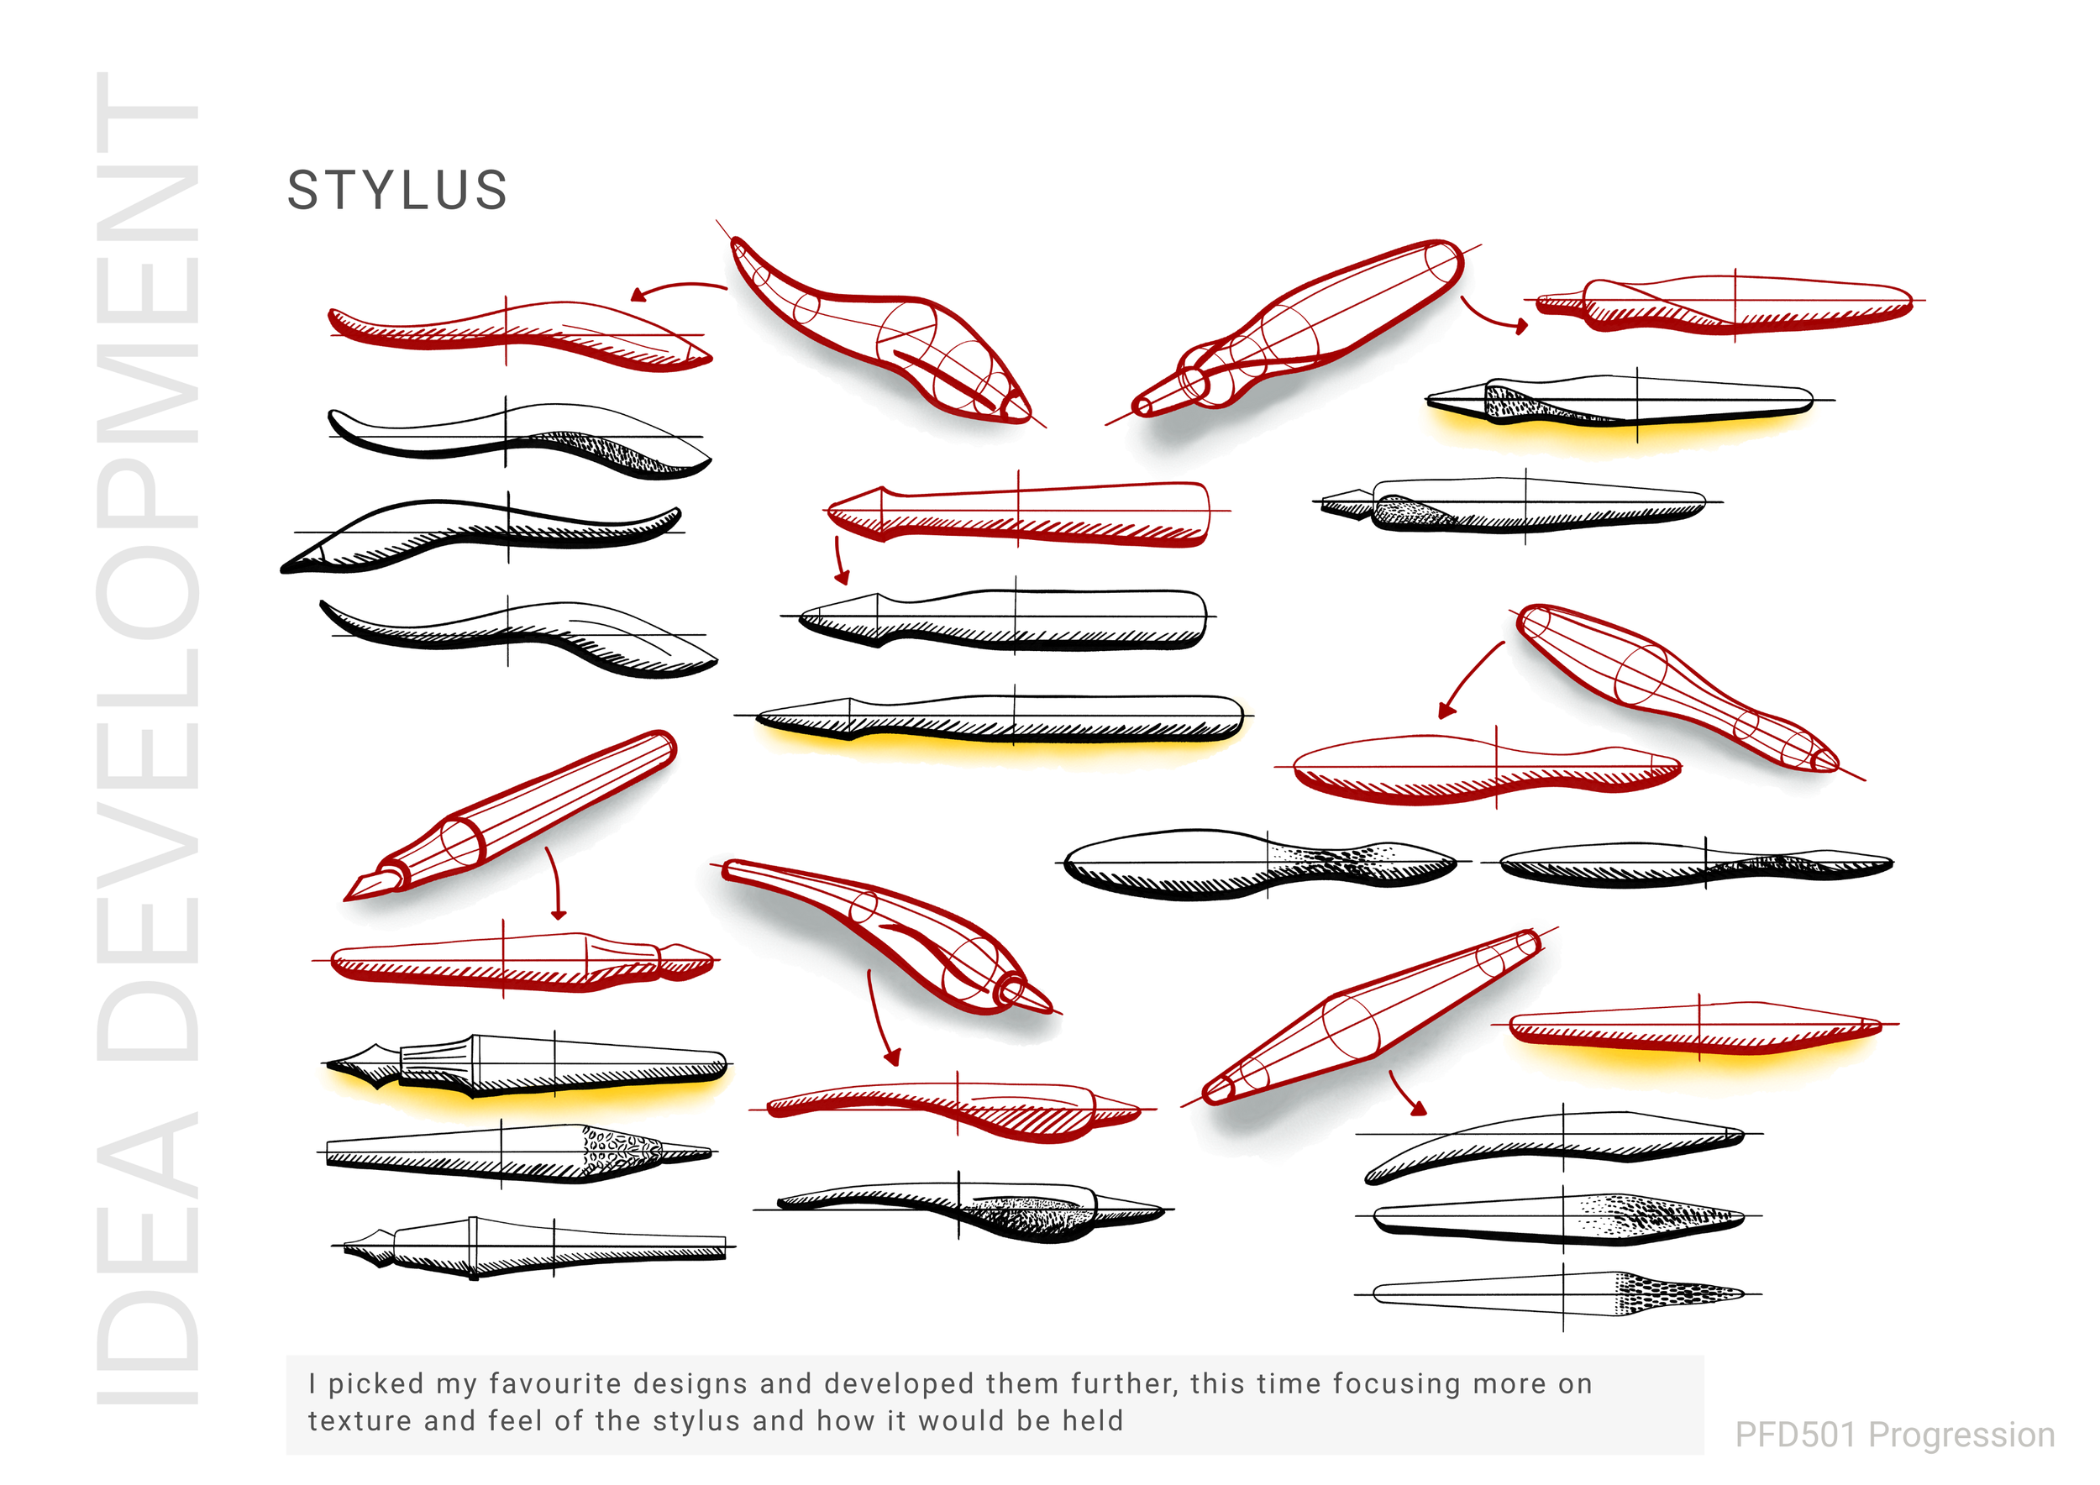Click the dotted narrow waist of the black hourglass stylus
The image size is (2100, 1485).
[1345, 859]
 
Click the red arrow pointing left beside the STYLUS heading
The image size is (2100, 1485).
[677, 289]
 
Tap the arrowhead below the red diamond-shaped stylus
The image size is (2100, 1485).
[1419, 1110]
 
